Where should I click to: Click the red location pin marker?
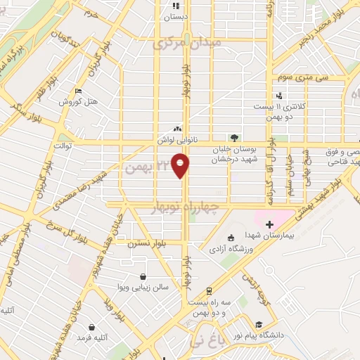(181, 166)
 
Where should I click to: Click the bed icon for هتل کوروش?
(77, 91)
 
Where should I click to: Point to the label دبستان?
(176, 17)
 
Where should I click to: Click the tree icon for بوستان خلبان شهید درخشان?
(233, 139)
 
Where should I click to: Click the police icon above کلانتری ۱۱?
(280, 95)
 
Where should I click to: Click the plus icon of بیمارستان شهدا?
(270, 223)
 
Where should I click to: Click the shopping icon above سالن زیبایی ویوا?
(144, 276)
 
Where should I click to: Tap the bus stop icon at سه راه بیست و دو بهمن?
(209, 291)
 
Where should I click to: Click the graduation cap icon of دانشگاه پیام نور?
(259, 324)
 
